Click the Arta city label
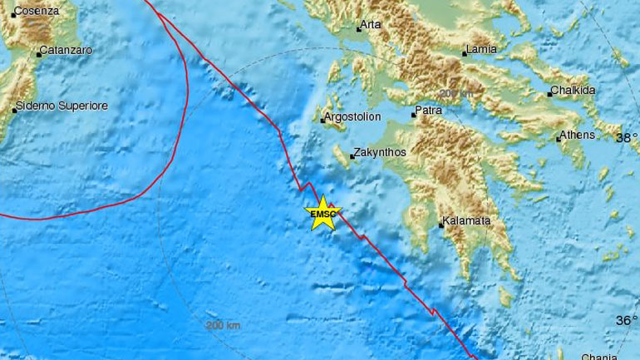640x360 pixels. [371, 26]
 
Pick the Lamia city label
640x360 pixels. [482, 50]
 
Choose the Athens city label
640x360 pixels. [578, 135]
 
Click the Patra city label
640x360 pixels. [431, 109]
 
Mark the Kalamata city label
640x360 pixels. [466, 222]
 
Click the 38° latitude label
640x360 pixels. [627, 137]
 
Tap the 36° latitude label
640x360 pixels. [626, 320]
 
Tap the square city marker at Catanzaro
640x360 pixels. [39, 55]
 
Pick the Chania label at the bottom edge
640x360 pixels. [616, 355]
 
